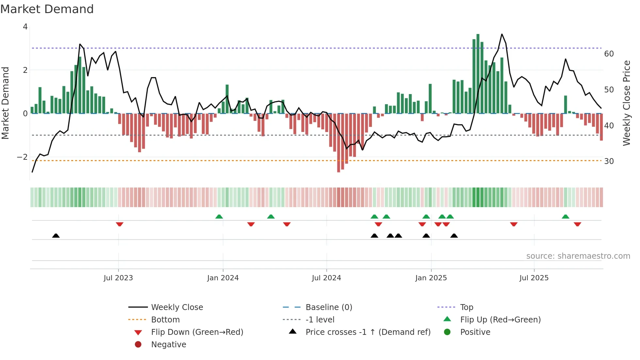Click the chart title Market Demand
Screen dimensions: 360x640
[47, 9]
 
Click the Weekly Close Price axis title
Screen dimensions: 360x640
[626, 103]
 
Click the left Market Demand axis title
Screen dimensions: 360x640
[5, 103]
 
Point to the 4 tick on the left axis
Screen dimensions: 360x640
[25, 27]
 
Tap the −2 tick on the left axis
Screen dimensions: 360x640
[23, 157]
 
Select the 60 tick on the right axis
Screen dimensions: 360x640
[609, 54]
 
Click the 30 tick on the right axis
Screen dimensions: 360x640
[609, 161]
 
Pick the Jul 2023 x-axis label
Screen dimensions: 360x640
[118, 278]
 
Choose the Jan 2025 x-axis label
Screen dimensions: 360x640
[431, 278]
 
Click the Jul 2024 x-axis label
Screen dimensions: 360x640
[326, 278]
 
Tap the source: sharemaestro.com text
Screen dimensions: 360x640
[578, 256]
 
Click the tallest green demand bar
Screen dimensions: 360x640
[478, 74]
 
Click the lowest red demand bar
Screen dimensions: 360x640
[339, 143]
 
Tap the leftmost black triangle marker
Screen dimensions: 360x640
[56, 236]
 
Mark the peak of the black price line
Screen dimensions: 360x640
[502, 34]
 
